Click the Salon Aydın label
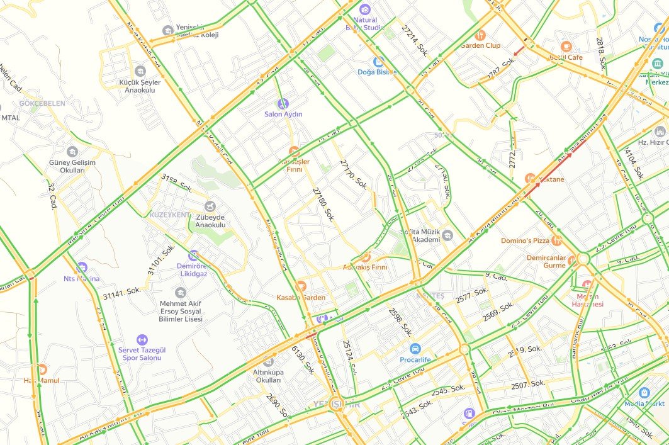pos(283,115)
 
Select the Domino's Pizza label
pos(525,241)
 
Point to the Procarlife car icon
pos(415,349)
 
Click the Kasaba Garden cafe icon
pos(301,286)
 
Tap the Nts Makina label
pos(82,279)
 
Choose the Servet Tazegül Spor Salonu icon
pos(142,340)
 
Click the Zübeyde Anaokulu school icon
pos(210,206)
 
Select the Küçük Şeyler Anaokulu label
pos(140,86)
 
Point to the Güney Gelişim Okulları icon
pos(72,152)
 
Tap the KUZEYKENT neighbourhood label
pos(169,215)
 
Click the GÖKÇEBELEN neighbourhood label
pos(42,103)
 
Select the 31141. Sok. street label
pos(121,294)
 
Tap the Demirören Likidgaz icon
pos(193,256)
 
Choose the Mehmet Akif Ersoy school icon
pos(181,293)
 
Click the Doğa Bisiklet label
pos(378,72)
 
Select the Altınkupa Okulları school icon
pos(269,362)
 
